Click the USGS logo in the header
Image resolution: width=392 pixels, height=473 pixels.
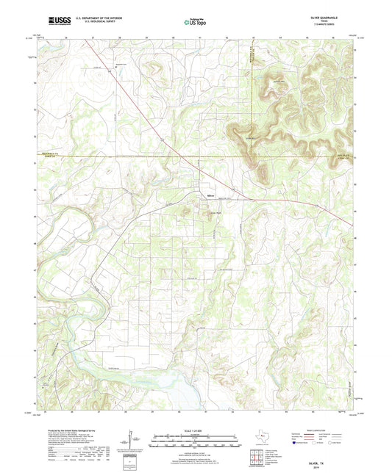click(x=48, y=22)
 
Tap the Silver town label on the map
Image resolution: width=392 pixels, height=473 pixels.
click(x=210, y=196)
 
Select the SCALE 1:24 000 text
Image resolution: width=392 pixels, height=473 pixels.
click(x=196, y=430)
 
